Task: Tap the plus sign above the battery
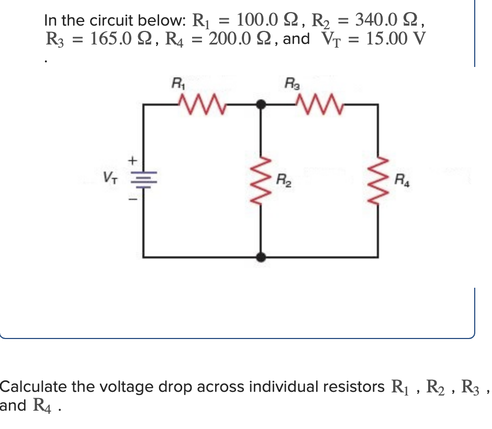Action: coord(133,157)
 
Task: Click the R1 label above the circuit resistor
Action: coord(178,82)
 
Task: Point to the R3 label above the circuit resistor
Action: coord(290,82)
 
